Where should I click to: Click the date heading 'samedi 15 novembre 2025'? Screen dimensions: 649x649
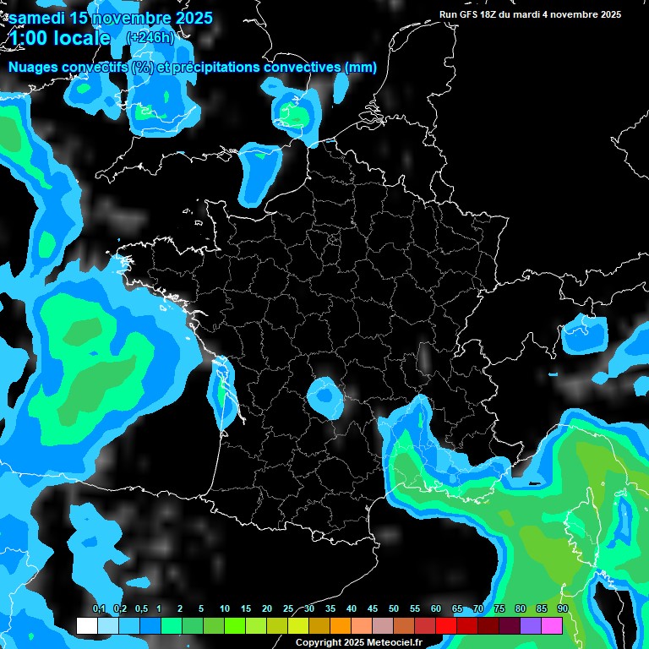coord(110,17)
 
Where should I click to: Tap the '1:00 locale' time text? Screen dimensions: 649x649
coord(59,38)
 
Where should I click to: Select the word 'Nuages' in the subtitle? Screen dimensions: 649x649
coord(36,68)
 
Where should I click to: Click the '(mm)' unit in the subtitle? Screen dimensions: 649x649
coord(360,68)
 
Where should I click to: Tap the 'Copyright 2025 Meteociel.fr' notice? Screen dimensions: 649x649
coord(357,643)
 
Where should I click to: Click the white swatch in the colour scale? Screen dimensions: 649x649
coord(86,626)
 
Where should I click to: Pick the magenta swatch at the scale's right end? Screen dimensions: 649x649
coord(552,626)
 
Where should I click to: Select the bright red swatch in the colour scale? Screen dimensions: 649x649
coord(446,626)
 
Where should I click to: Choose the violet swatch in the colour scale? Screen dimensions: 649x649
coord(531,626)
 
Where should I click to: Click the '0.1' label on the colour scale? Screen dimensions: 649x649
coord(99,609)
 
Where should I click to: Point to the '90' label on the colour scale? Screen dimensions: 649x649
coord(563,609)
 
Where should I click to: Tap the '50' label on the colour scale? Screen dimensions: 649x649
coord(394,609)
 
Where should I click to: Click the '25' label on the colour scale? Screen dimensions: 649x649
coord(288,609)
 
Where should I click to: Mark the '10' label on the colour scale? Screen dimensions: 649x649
coord(225,609)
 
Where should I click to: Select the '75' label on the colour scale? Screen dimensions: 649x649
coord(499,609)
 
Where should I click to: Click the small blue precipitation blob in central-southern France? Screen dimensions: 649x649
coord(323,395)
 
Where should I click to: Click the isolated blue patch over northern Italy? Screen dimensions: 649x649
coord(584,333)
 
